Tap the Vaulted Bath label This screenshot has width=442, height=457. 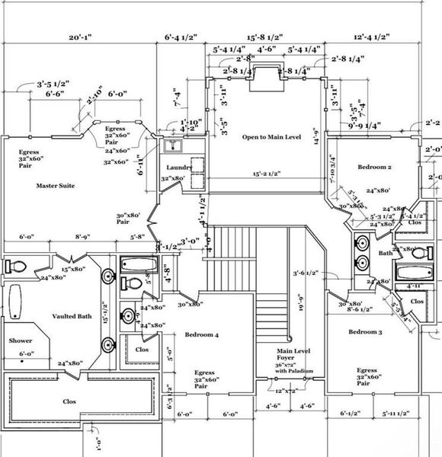72,315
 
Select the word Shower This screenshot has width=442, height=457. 21,341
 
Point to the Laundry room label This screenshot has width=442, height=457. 178,168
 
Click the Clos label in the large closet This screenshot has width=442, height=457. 69,400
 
